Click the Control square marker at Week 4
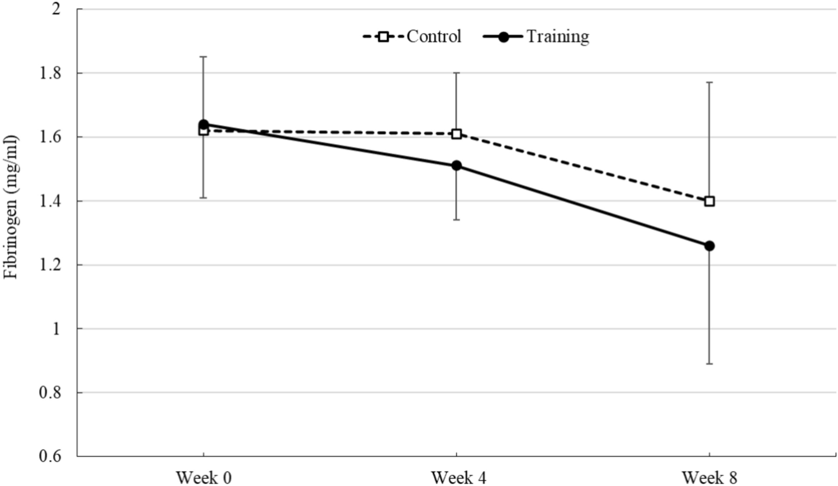click(x=457, y=134)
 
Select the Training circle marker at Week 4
click(x=457, y=166)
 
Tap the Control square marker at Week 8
click(x=709, y=201)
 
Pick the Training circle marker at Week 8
click(x=709, y=246)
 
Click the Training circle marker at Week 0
click(x=203, y=124)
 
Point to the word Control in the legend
click(x=434, y=36)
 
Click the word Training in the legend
click(x=557, y=36)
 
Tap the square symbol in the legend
click(x=384, y=37)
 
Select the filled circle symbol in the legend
click(x=503, y=37)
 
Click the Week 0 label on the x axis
click(x=203, y=478)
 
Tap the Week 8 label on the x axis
click(x=709, y=478)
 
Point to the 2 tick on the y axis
click(x=56, y=10)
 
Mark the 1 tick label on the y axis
click(x=56, y=329)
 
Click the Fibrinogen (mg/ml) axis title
click(x=11, y=207)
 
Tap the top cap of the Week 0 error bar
click(x=203, y=56)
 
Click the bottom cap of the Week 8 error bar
click(x=709, y=364)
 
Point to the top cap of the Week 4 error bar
click(x=457, y=73)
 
